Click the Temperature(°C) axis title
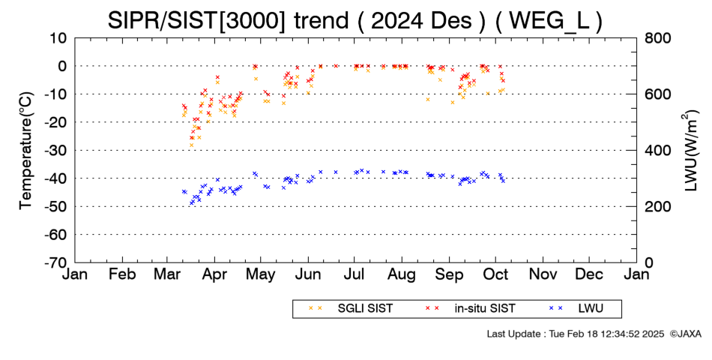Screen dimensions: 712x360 point(27,151)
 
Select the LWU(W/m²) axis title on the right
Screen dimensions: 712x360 point(689,151)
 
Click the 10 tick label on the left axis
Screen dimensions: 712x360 point(58,37)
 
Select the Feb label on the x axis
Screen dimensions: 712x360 point(123,274)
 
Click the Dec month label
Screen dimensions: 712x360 point(589,274)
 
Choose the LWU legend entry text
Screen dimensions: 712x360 point(591,309)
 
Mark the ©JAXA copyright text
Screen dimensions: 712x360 point(686,334)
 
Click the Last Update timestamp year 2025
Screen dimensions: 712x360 point(654,334)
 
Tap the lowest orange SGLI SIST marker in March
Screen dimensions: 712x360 point(192,145)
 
